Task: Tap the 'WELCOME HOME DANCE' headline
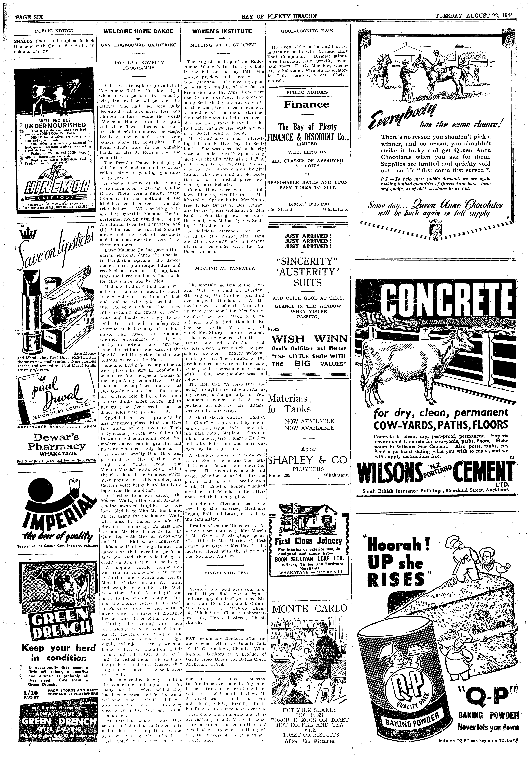click(x=138, y=31)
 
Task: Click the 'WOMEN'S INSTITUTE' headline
click(x=222, y=31)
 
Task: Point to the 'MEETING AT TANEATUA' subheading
click(x=222, y=268)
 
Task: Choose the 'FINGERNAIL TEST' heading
click(x=222, y=573)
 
